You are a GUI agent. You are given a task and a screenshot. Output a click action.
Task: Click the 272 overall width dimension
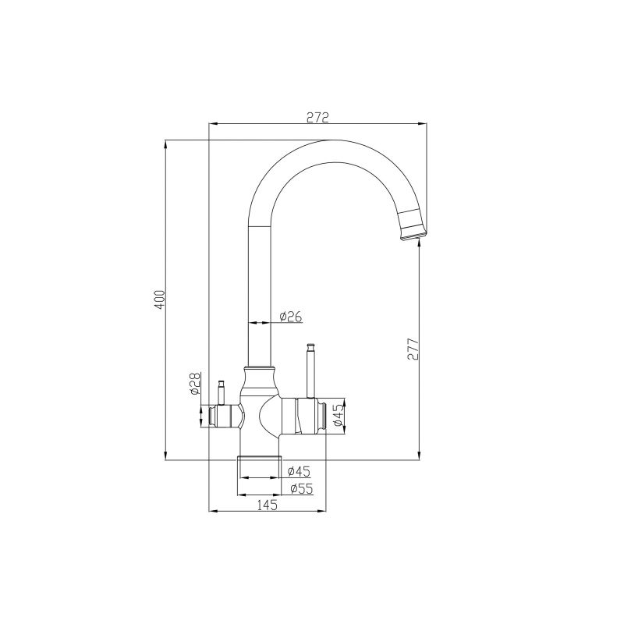point(317,117)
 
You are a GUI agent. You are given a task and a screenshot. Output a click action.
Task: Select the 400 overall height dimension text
point(160,300)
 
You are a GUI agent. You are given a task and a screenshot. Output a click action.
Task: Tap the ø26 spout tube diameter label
point(290,316)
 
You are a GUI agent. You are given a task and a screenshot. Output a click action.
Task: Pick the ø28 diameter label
point(196,383)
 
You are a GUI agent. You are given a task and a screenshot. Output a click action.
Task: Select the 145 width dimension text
point(267,505)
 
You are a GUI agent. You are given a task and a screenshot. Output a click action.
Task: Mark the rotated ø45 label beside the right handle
point(338,416)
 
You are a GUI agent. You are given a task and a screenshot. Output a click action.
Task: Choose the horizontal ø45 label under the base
point(299,470)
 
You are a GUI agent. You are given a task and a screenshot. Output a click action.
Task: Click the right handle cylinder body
point(309,416)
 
